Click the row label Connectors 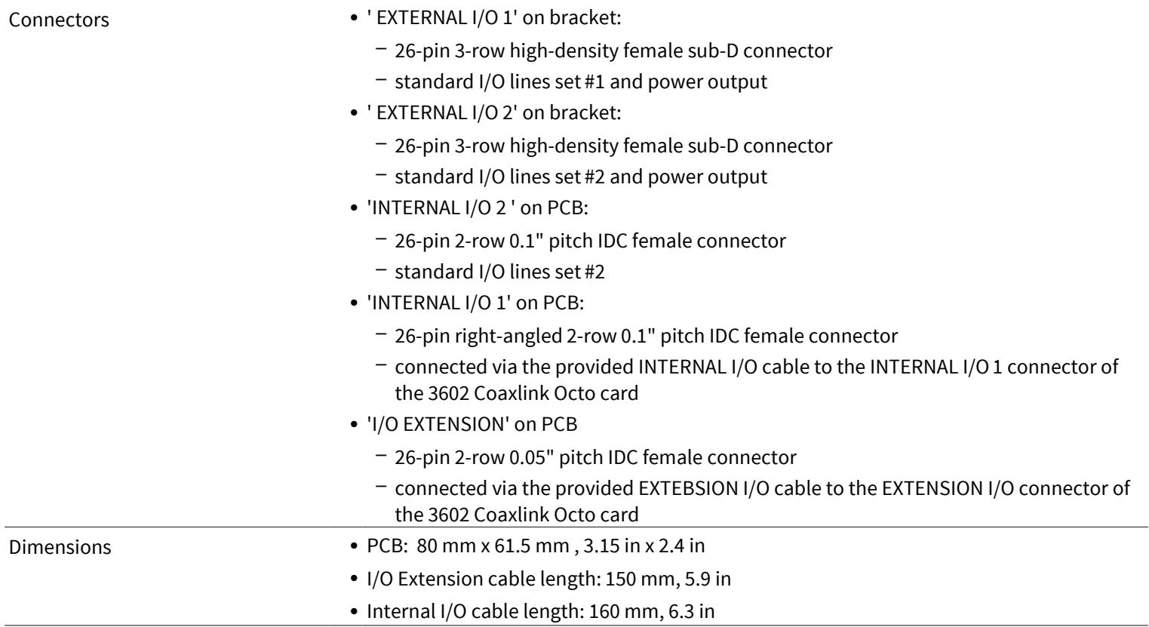point(59,20)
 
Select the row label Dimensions point(60,547)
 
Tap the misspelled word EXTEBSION point(688,488)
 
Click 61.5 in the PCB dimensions point(510,546)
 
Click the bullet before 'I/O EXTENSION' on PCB point(354,425)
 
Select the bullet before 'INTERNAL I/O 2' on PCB point(354,208)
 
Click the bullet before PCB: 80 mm point(354,546)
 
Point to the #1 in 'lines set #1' point(594,81)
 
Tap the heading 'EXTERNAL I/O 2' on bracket point(494,112)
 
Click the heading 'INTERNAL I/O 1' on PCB point(475,303)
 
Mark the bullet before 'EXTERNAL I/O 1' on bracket point(354,18)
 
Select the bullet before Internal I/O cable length point(354,612)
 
